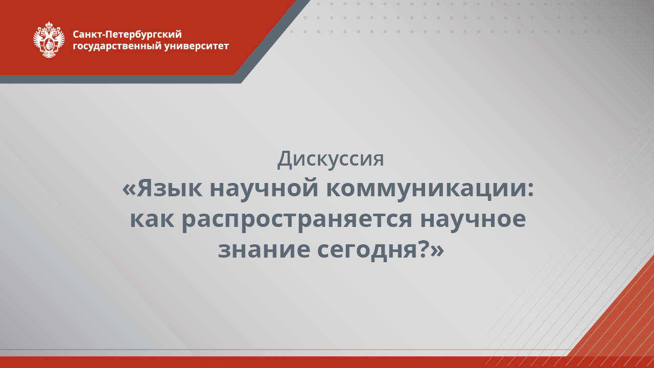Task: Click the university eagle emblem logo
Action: click(49, 40)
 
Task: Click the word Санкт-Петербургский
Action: click(127, 35)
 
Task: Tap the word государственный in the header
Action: click(118, 47)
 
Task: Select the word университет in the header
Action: click(197, 46)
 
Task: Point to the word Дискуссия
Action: click(331, 159)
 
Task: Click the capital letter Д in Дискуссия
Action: click(285, 159)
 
